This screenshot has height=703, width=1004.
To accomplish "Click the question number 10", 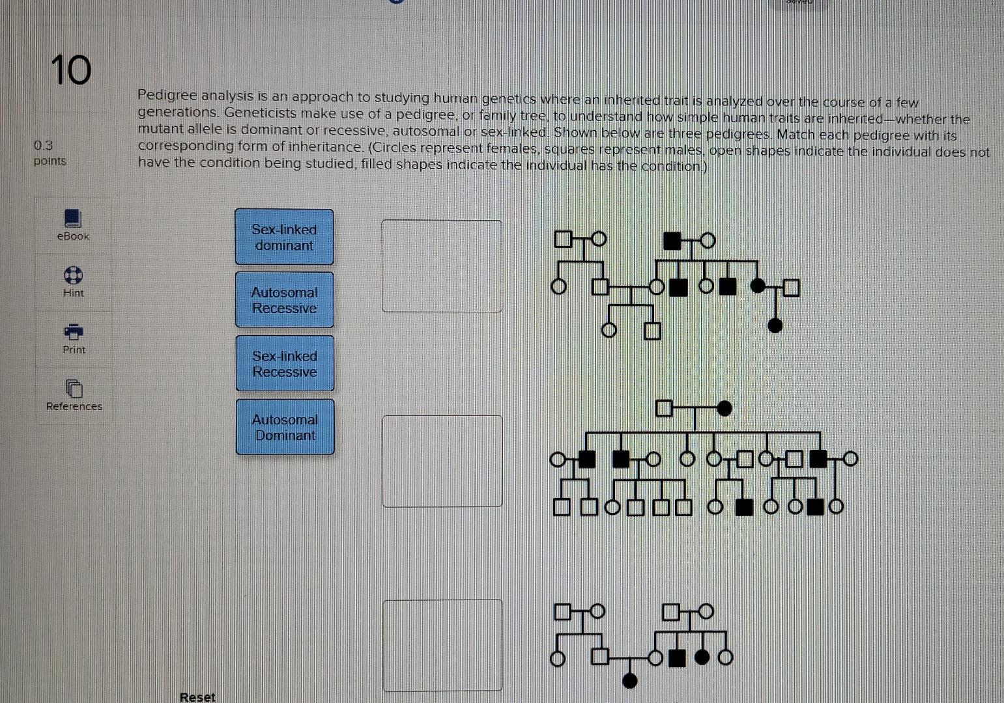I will [71, 70].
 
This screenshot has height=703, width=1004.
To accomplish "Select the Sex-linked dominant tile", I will [284, 237].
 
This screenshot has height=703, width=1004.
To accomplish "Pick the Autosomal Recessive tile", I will [284, 300].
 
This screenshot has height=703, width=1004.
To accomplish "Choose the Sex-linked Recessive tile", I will [285, 363].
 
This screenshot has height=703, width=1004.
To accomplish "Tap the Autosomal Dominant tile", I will [285, 427].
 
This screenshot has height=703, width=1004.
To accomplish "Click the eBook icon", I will [73, 217].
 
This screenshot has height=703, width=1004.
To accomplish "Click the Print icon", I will [74, 331].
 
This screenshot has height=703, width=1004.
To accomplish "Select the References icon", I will [74, 389].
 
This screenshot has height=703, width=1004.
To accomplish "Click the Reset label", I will [197, 696].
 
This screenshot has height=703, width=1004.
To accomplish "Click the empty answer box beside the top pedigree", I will [442, 266].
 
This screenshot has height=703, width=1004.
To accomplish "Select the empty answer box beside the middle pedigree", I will [442, 461].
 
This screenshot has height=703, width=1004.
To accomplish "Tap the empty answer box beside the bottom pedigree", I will [443, 645].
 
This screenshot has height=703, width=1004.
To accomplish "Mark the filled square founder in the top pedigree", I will [672, 240].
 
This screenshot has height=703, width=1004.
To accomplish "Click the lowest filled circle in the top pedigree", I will [775, 325].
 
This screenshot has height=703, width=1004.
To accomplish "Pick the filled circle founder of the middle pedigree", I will [724, 409].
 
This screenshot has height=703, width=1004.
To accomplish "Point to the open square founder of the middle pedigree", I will [663, 408].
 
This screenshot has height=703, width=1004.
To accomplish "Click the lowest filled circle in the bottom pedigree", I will [630, 681].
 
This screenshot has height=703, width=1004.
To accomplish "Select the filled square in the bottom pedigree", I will [678, 658].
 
